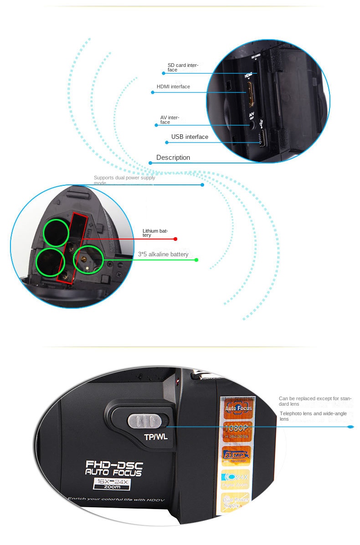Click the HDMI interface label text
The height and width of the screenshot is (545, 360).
[173, 87]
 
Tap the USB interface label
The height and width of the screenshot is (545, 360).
[190, 137]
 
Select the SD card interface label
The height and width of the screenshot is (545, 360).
[183, 67]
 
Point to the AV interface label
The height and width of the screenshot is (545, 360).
[170, 120]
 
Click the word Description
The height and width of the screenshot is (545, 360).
[173, 158]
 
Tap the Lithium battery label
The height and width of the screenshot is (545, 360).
[155, 233]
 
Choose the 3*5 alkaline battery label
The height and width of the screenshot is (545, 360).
[163, 255]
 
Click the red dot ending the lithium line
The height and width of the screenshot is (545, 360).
[175, 239]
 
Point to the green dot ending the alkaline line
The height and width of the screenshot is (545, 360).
[196, 260]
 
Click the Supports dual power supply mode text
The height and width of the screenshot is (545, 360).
[124, 180]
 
